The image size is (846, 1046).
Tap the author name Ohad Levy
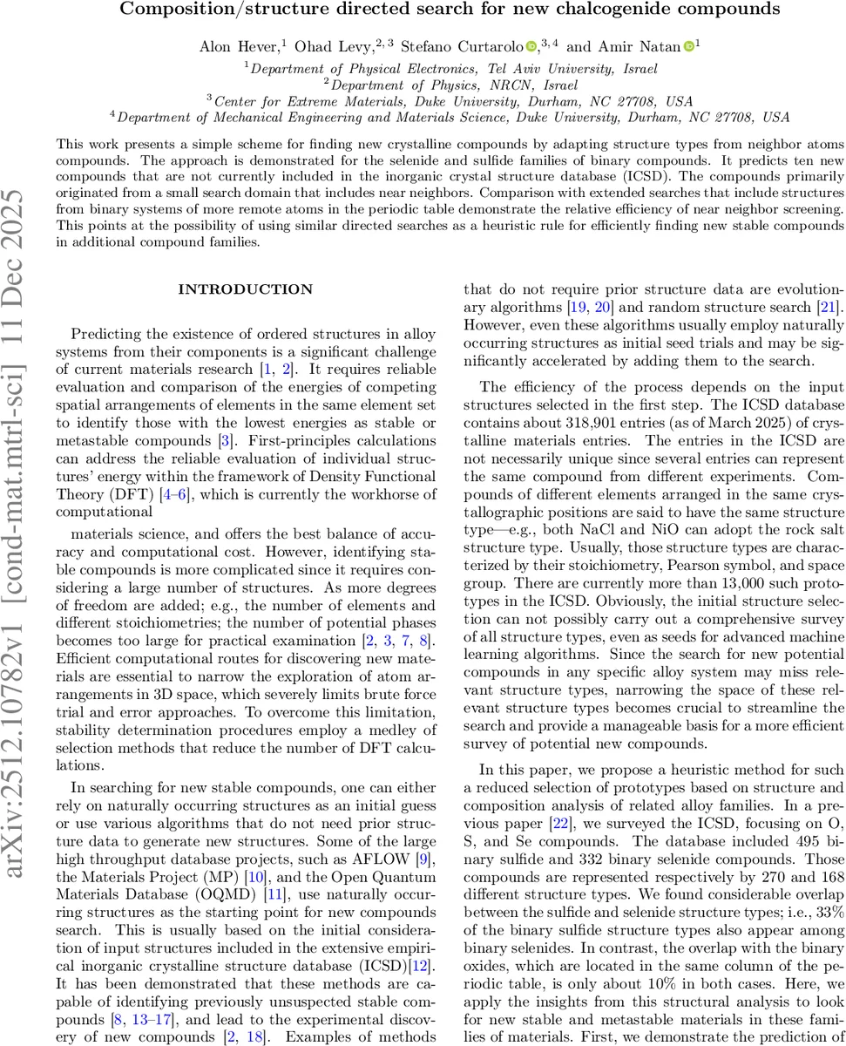(x=319, y=45)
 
